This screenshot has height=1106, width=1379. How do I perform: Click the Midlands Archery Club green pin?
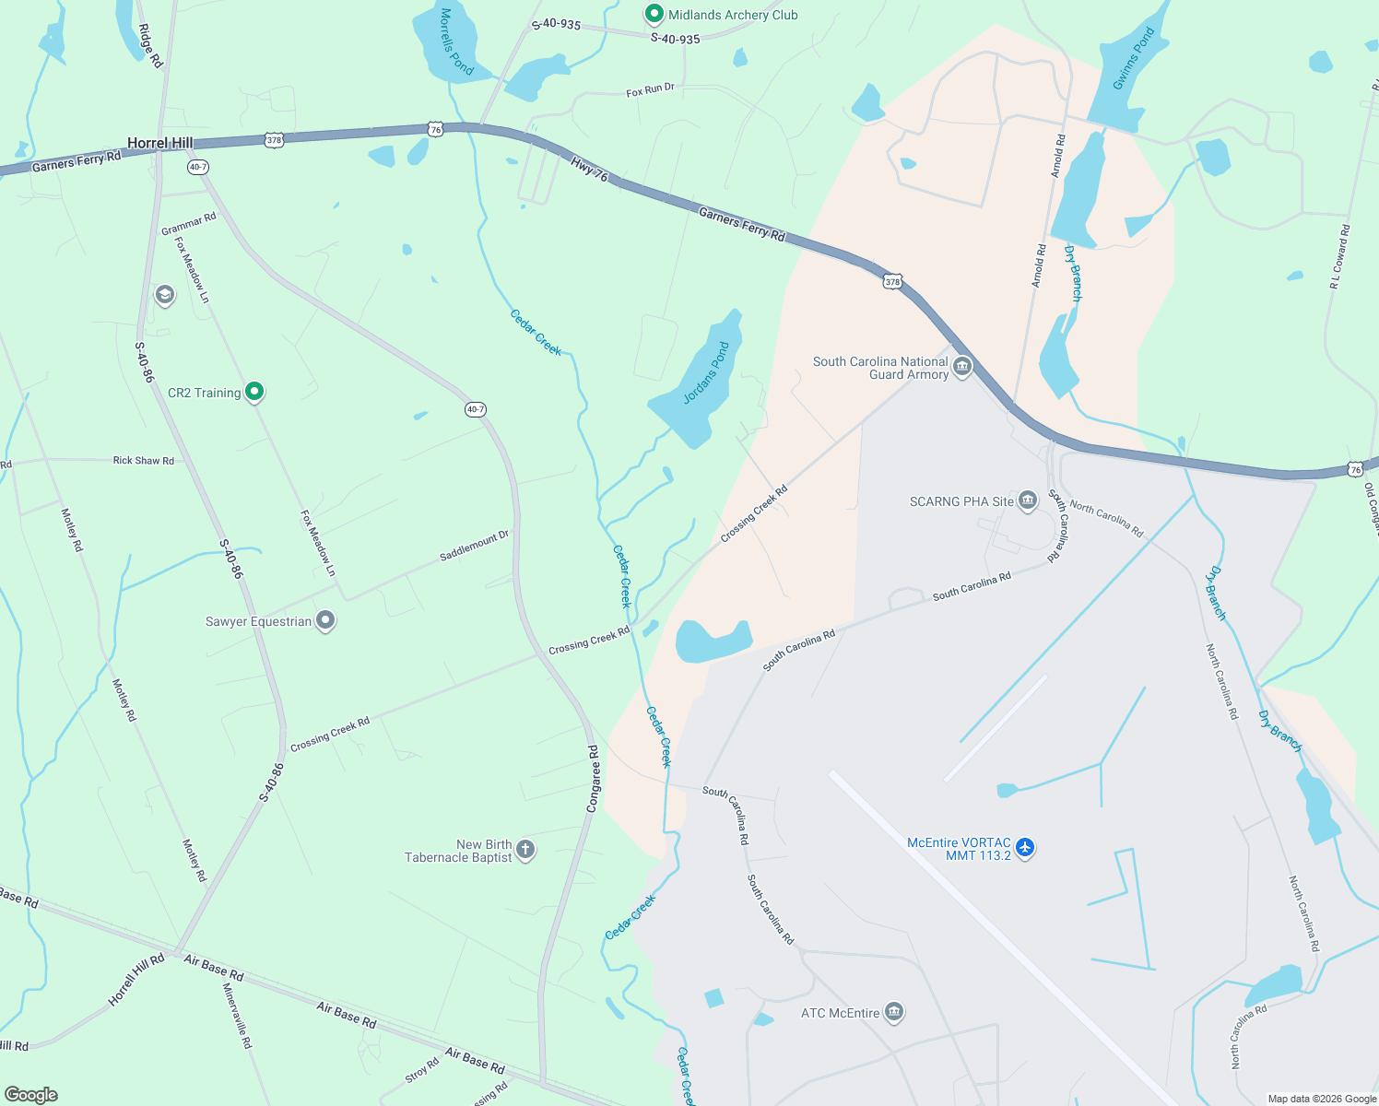pos(654,14)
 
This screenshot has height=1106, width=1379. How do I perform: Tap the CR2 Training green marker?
pos(255,392)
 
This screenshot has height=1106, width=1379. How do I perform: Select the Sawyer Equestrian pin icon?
pos(324,620)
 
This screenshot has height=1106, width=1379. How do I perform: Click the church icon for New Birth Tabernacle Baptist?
pos(525,849)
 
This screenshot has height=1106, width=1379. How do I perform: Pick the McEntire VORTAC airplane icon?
pos(1025,848)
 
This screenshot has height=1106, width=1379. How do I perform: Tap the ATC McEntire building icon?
pos(893,1012)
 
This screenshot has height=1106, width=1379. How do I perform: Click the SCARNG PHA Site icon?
pos(1028,500)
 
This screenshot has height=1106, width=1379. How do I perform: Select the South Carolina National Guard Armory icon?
pos(962,367)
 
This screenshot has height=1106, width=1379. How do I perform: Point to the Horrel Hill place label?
pos(160,143)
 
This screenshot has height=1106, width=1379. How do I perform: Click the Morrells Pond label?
pos(456,42)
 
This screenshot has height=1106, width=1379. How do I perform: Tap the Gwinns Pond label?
pos(1133,59)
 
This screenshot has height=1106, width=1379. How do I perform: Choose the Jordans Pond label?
pos(706,373)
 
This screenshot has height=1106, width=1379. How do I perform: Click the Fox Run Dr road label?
pos(650,90)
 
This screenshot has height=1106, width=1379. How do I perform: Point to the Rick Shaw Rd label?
pos(143,460)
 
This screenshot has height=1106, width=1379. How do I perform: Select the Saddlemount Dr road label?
pos(474,546)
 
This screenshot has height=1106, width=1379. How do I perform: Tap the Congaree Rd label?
pos(594,779)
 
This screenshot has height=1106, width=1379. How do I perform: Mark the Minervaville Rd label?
pos(237,1016)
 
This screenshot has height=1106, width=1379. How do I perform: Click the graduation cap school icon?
pos(165,295)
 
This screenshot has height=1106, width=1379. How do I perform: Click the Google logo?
pos(30,1094)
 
